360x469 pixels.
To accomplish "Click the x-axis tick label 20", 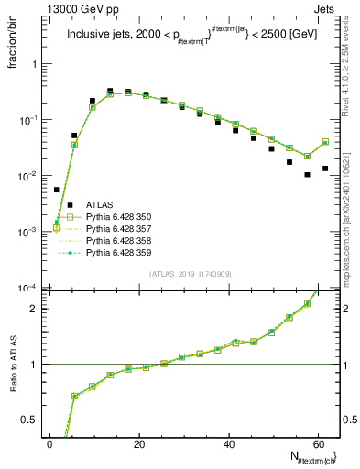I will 138,442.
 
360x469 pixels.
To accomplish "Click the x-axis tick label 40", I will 228,442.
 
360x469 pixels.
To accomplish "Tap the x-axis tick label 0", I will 49,442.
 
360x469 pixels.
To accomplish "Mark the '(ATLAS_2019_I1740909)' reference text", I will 190,274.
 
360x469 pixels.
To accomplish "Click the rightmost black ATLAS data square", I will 325,168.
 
